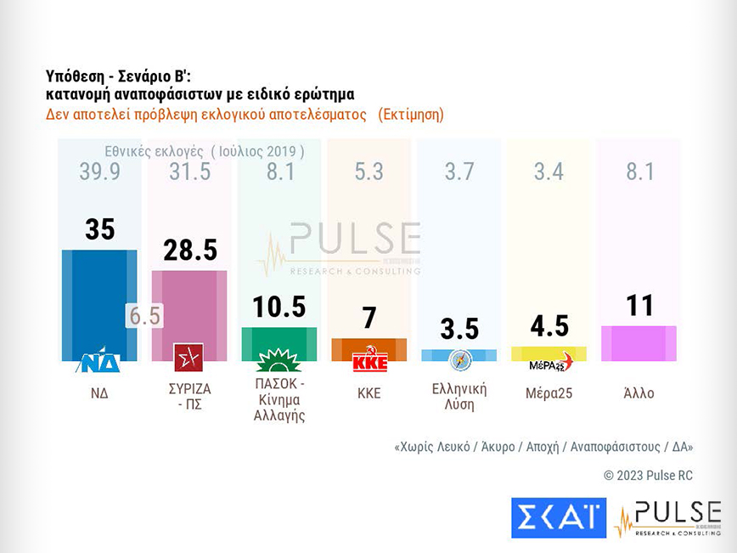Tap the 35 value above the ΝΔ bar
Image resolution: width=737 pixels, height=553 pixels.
(100, 229)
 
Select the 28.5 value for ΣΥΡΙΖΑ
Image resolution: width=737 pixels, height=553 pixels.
(189, 251)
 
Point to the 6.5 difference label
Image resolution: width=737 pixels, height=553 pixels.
(143, 315)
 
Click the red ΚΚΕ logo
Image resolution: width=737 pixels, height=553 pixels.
(369, 359)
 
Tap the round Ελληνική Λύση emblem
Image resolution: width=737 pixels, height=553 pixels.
(459, 358)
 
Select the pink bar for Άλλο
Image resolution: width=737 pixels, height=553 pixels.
(639, 342)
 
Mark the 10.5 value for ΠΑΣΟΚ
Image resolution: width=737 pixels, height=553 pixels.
(279, 307)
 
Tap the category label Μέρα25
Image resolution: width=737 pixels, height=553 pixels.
(549, 393)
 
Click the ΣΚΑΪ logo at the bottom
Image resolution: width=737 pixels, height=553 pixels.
(558, 517)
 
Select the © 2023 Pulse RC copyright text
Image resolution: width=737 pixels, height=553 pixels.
(648, 476)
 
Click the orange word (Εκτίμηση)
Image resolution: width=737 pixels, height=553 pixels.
(411, 114)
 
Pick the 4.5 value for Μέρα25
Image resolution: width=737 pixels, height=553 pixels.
(549, 326)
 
